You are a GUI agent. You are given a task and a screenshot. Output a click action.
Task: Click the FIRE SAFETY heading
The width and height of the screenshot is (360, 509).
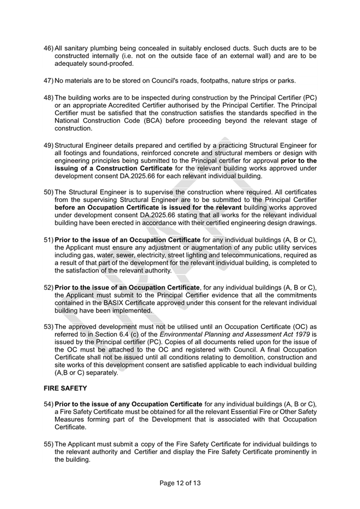[65, 388]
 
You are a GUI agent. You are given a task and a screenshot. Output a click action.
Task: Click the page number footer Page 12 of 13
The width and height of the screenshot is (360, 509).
[180, 483]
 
